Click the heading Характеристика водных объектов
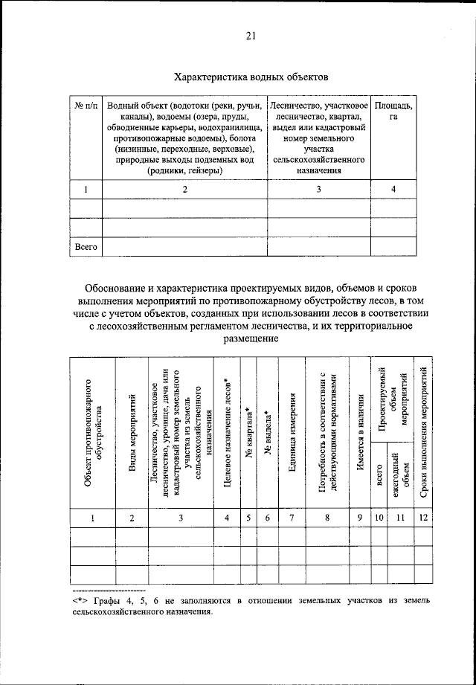[251, 76]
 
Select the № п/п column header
[86, 106]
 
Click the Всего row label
[86, 245]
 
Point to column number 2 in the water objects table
[184, 190]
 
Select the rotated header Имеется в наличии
[359, 435]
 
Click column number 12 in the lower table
[422, 519]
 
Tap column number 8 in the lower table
[327, 519]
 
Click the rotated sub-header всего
[379, 477]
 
